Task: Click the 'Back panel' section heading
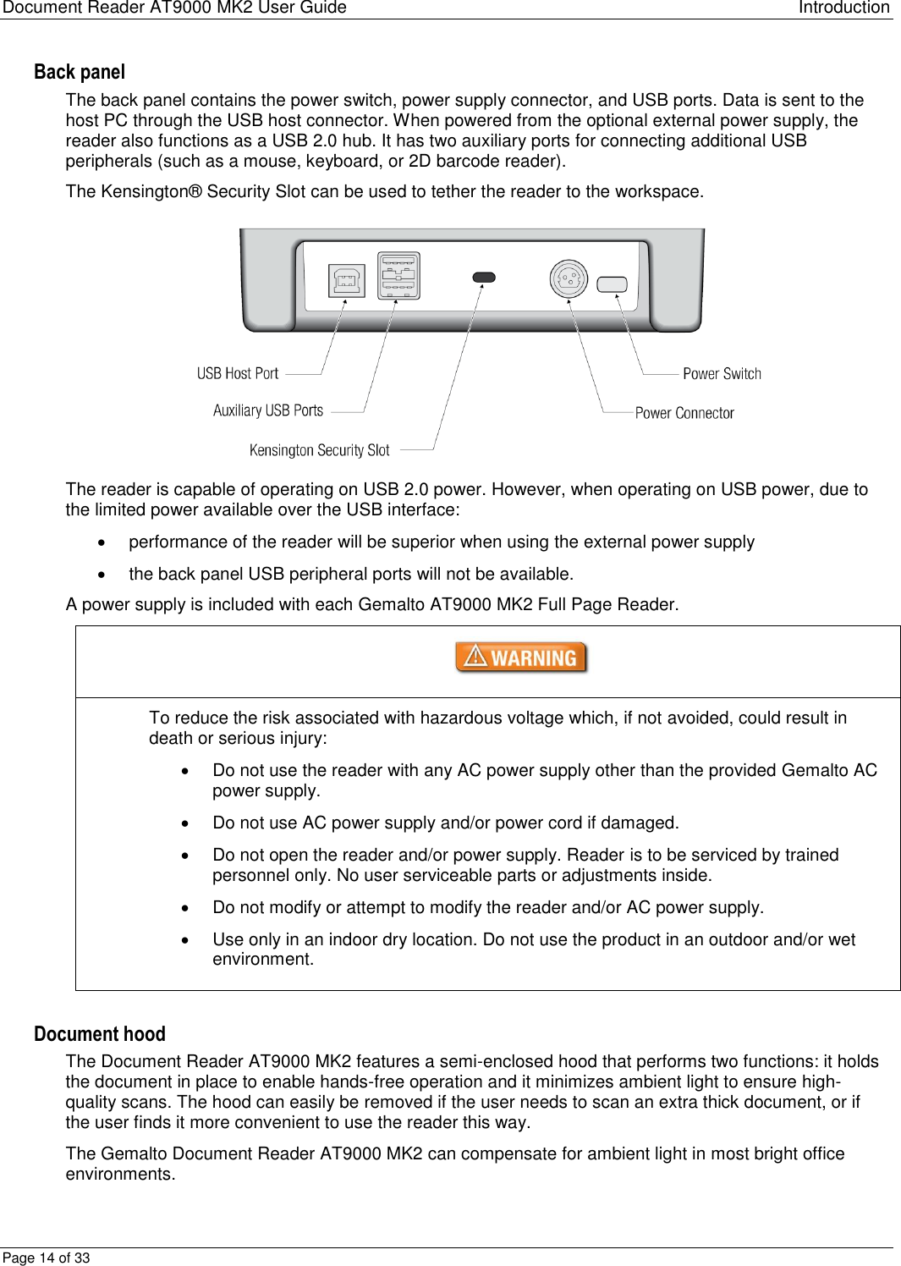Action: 80,72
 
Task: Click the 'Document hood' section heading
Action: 100,1034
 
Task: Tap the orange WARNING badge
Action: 521,658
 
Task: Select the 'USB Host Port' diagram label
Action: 238,373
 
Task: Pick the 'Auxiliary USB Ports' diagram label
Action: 268,410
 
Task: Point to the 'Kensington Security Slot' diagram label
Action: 319,450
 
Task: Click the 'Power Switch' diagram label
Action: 722,373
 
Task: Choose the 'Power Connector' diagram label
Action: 684,413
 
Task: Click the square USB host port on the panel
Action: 347,280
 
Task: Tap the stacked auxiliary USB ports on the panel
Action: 398,276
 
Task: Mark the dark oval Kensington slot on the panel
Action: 483,277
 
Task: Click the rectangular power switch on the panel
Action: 612,284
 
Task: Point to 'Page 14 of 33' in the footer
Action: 47,1258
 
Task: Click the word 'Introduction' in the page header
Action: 843,8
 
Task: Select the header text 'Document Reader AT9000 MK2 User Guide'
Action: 174,8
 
